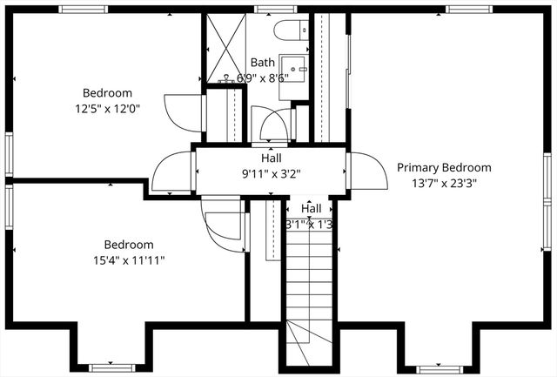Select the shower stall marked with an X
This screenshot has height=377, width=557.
point(224,48)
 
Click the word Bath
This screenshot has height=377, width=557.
point(263,63)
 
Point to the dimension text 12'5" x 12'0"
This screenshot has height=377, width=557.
point(107,109)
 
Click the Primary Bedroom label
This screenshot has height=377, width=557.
point(444,168)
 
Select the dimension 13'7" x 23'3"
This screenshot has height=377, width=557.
point(444,183)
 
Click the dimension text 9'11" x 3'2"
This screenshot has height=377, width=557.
point(271,173)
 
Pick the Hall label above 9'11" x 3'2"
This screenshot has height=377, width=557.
point(271,158)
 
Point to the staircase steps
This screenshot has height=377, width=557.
point(310,279)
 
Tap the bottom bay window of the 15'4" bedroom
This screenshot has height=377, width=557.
point(113,367)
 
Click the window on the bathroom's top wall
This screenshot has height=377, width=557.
point(261,10)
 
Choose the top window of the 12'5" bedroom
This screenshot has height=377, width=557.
point(84,10)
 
